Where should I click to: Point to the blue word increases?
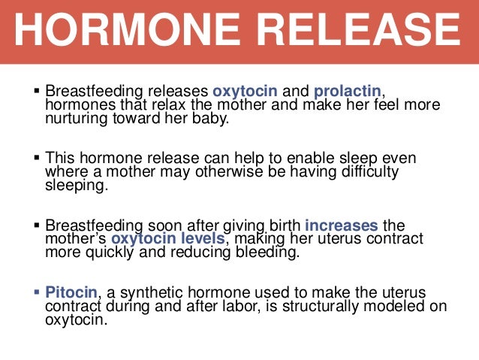pos(342,225)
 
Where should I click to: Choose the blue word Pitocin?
pos(70,292)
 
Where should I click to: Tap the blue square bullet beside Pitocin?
pos(38,291)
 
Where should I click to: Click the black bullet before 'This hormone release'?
pos(38,158)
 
